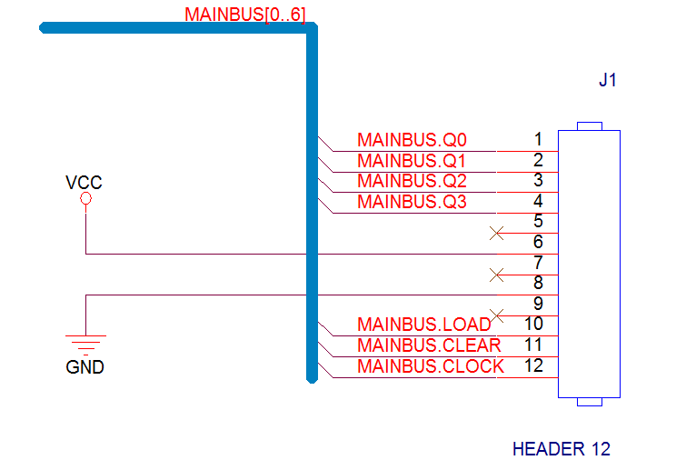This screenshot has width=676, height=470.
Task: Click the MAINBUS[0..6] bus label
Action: pyautogui.click(x=245, y=15)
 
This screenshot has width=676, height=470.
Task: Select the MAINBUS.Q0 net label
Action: pyautogui.click(x=412, y=140)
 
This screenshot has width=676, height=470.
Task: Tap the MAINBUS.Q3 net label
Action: pyautogui.click(x=412, y=202)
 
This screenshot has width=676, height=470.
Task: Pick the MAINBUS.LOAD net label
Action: pyautogui.click(x=424, y=325)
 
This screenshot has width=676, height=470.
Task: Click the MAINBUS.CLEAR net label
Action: pyautogui.click(x=429, y=345)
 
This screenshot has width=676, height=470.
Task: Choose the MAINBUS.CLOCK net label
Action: pyautogui.click(x=431, y=366)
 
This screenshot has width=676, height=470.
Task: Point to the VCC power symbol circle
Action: pyautogui.click(x=85, y=198)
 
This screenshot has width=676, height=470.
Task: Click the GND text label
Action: pyautogui.click(x=84, y=367)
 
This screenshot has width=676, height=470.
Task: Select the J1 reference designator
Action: pyautogui.click(x=608, y=80)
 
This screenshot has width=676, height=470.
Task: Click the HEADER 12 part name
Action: pyautogui.click(x=562, y=449)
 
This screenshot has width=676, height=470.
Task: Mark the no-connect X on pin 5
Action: pyautogui.click(x=497, y=234)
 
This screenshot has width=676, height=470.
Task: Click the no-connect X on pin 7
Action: pyautogui.click(x=497, y=275)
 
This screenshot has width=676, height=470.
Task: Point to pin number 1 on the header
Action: pyautogui.click(x=538, y=139)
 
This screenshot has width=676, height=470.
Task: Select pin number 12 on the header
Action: pyautogui.click(x=533, y=365)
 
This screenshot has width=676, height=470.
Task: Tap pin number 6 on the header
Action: pyautogui.click(x=538, y=242)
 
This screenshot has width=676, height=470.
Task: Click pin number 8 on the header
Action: pyautogui.click(x=538, y=283)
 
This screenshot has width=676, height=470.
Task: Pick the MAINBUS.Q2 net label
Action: pyautogui.click(x=412, y=181)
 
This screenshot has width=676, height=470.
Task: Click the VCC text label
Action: pyautogui.click(x=84, y=183)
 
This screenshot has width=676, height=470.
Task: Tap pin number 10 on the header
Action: pyautogui.click(x=533, y=324)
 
